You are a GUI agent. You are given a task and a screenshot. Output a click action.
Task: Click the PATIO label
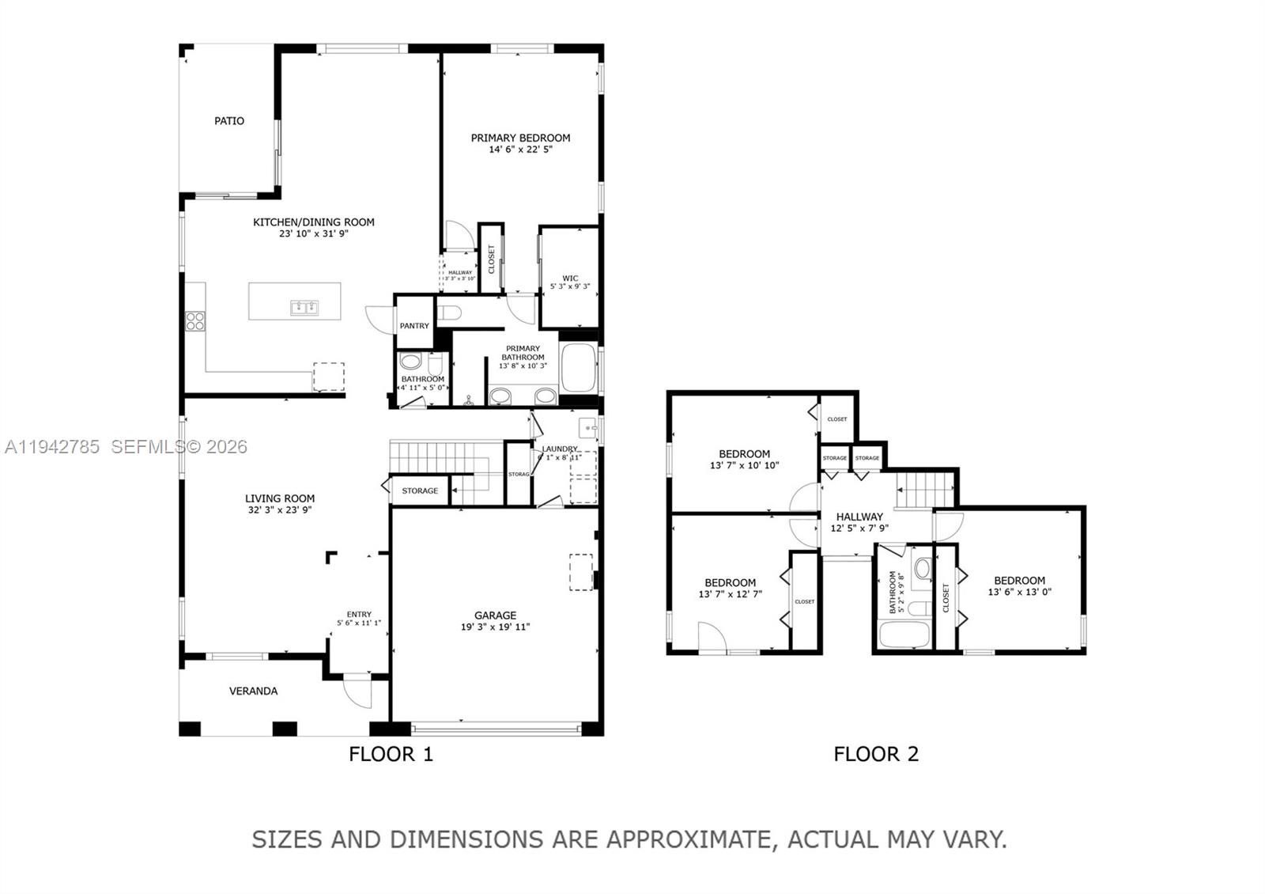[229, 121]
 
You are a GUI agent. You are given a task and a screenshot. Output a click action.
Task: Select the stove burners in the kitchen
[195, 321]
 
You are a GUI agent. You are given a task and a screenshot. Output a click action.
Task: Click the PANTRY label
[414, 326]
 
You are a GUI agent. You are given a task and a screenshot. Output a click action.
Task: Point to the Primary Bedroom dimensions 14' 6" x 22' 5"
[520, 149]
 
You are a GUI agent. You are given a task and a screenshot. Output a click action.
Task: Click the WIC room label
[570, 278]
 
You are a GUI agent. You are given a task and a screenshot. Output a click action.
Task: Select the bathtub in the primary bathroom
[578, 368]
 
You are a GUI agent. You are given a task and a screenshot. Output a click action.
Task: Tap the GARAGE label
[495, 615]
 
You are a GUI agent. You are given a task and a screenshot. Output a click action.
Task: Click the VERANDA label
[253, 691]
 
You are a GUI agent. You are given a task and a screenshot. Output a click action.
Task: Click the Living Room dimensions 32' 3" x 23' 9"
[280, 510]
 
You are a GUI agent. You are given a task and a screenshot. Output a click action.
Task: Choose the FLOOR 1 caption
[391, 754]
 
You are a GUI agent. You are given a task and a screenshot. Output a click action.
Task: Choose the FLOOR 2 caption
[876, 754]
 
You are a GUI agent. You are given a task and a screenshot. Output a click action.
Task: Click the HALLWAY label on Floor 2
[859, 517]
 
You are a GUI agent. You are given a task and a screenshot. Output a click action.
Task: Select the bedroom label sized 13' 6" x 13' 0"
[1019, 580]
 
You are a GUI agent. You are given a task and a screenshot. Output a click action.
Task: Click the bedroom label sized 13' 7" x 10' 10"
[744, 453]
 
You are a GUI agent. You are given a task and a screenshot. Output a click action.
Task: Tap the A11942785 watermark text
[52, 447]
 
